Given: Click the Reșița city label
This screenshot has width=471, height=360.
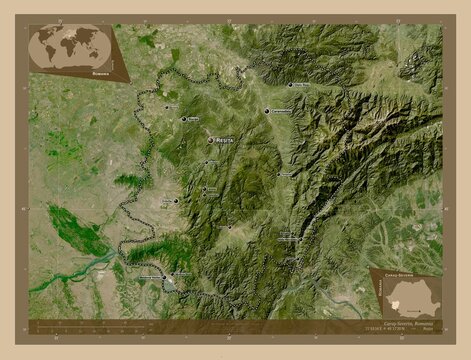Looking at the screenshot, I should point(225,142).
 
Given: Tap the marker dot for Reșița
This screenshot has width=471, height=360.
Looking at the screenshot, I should point(211,140).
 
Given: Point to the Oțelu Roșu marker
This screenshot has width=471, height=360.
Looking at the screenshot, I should point(291,85).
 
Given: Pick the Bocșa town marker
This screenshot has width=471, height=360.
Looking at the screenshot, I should point(183,120).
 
